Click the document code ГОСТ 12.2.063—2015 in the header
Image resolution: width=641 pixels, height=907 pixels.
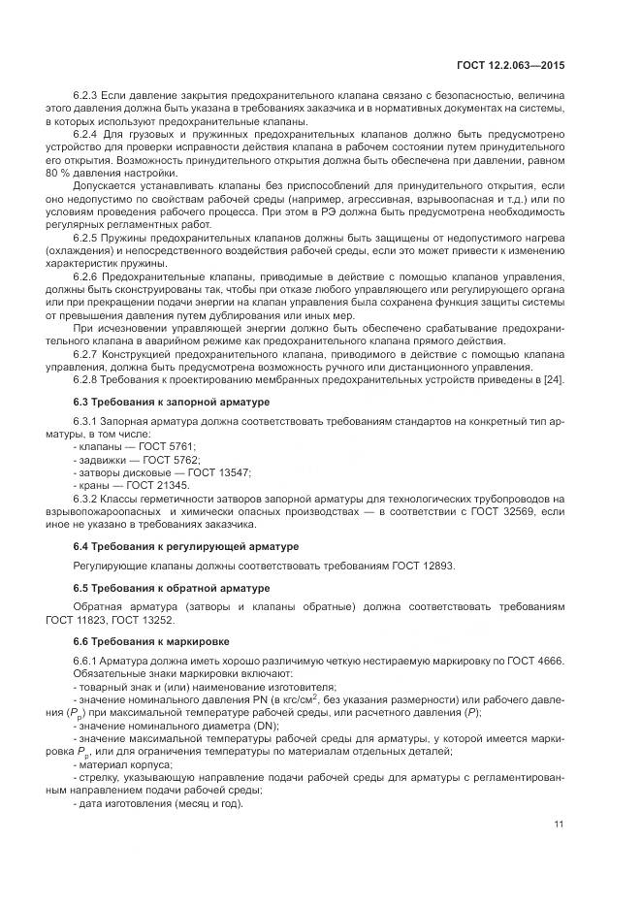coord(511,64)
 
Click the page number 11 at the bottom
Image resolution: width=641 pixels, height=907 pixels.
coord(559,825)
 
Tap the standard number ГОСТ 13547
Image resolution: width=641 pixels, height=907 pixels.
coord(219,471)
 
